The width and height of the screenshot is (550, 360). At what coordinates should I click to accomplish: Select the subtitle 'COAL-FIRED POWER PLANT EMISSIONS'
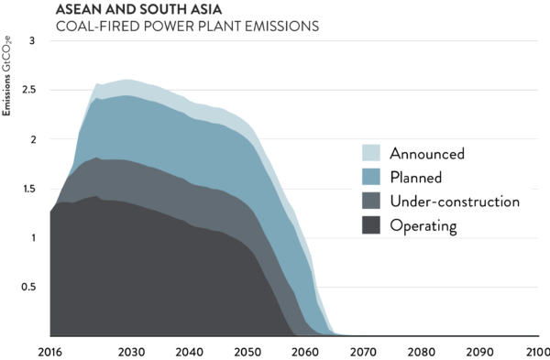point(187,27)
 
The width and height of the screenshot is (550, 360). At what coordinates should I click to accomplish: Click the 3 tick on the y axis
point(33,41)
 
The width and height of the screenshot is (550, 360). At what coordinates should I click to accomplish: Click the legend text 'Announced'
point(426,153)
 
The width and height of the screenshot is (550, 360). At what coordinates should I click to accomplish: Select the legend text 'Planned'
point(416,177)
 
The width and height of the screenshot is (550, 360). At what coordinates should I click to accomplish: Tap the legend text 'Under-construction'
point(455,201)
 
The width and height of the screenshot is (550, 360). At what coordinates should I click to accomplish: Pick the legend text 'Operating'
point(423,224)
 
